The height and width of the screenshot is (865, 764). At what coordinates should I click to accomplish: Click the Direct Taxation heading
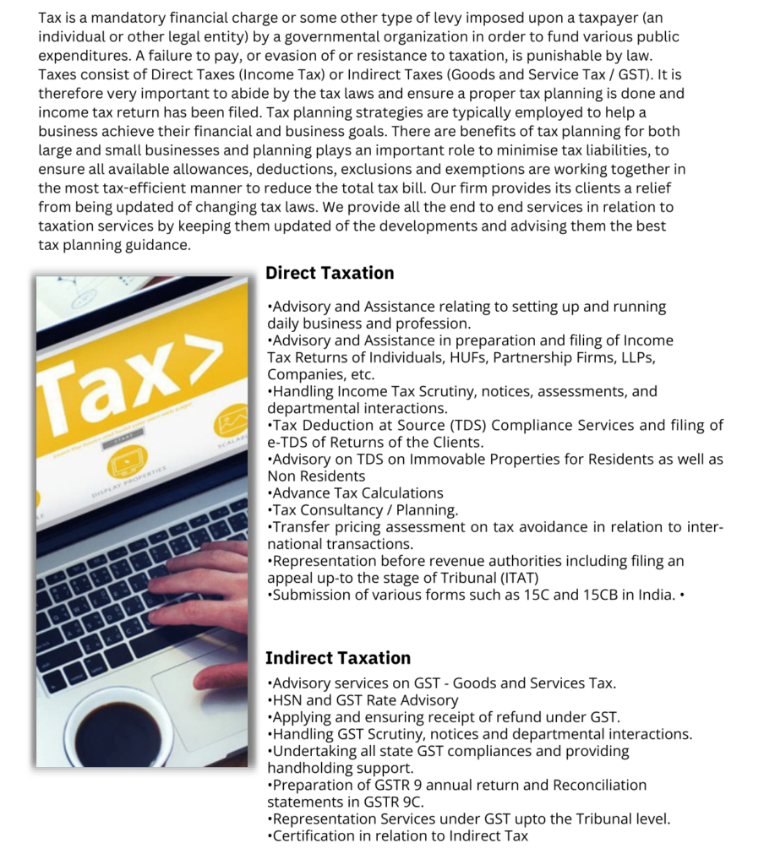(330, 273)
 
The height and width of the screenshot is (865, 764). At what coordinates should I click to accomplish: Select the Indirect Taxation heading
(338, 658)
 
